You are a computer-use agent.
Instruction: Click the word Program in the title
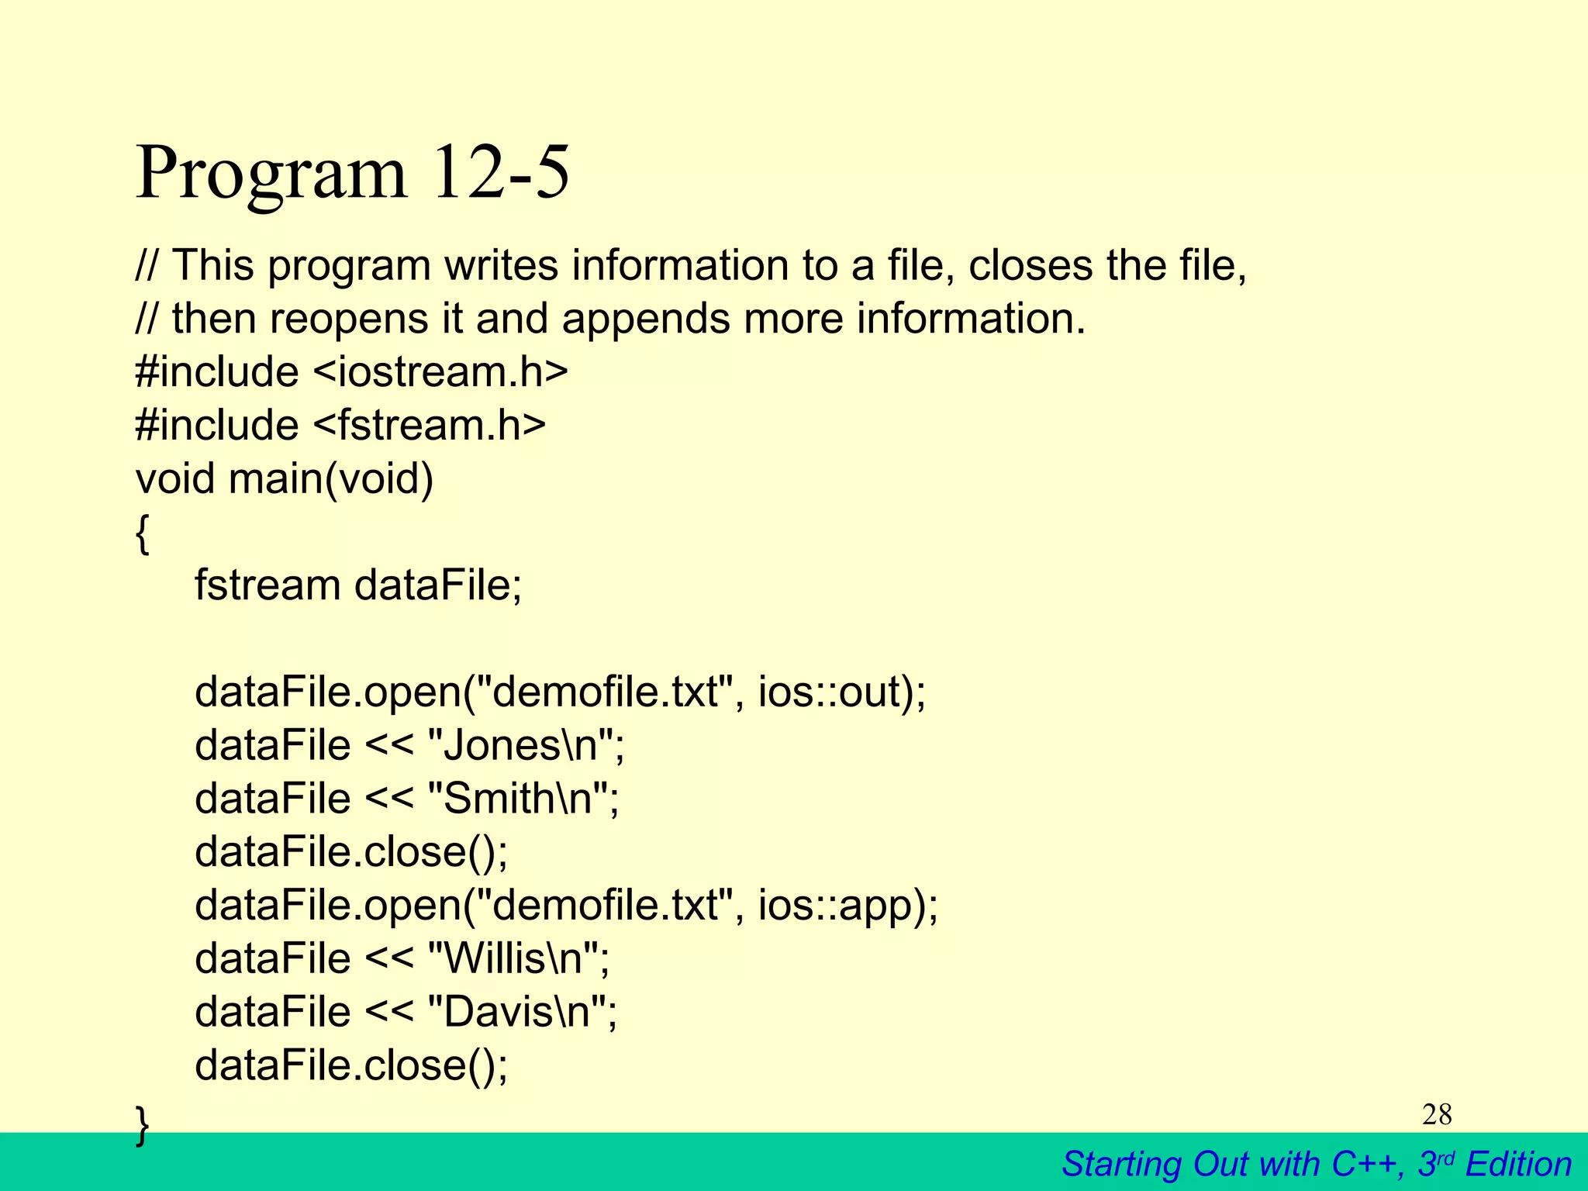pyautogui.click(x=271, y=174)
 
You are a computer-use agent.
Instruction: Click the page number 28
pyautogui.click(x=1437, y=1114)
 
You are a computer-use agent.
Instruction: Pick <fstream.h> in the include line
pyautogui.click(x=430, y=425)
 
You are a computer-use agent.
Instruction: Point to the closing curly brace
pyautogui.click(x=142, y=1124)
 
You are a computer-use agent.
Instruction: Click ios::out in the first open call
pyautogui.click(x=833, y=692)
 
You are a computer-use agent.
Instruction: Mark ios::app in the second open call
pyautogui.click(x=839, y=906)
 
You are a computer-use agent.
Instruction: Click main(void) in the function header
pyautogui.click(x=330, y=478)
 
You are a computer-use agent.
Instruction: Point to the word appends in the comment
pyautogui.click(x=645, y=319)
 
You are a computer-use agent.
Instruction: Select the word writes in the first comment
pyautogui.click(x=501, y=265)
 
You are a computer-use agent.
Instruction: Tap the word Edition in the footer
pyautogui.click(x=1518, y=1164)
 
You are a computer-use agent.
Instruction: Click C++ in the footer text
pyautogui.click(x=1366, y=1164)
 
